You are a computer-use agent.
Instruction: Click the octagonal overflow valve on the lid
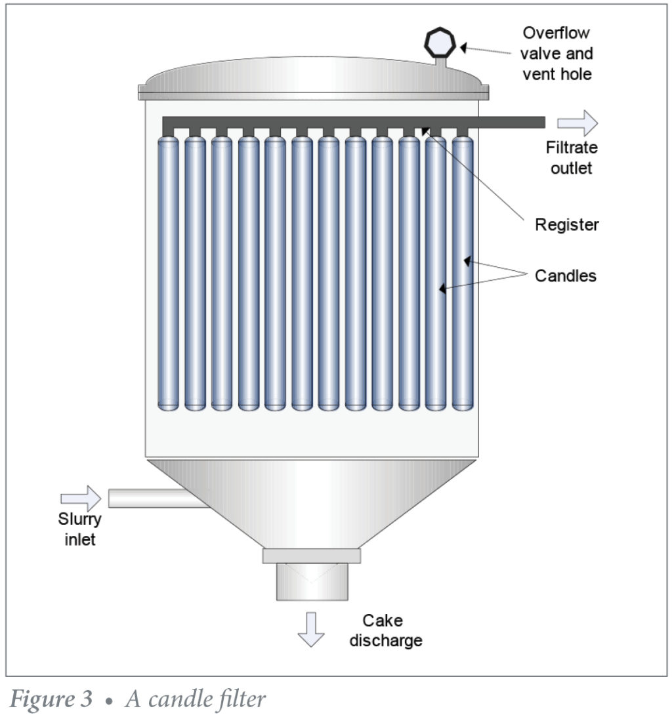tap(438, 43)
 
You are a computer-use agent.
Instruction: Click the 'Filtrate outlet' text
tap(571, 158)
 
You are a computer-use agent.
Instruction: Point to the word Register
tap(567, 225)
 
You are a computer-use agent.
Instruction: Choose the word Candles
tap(566, 276)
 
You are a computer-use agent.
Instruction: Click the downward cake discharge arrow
tap(310, 629)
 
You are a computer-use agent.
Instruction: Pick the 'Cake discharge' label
tap(385, 630)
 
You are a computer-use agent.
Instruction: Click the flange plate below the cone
tap(311, 556)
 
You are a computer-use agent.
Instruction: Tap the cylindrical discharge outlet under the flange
tap(311, 582)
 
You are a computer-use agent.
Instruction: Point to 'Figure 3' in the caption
tap(51, 699)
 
